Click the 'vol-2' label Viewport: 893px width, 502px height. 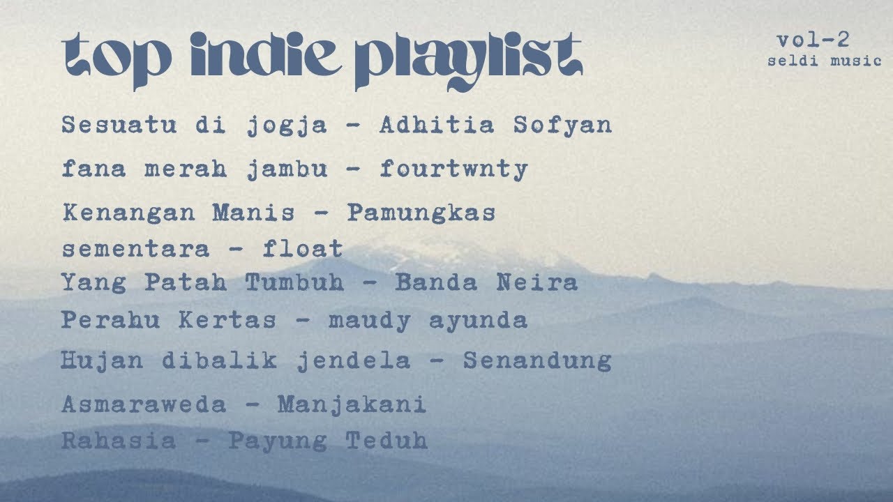click(813, 40)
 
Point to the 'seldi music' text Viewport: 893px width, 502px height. click(825, 61)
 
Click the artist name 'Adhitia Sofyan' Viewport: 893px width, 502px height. click(495, 125)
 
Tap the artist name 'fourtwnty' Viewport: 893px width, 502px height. click(453, 169)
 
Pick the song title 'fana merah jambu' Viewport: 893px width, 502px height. click(195, 169)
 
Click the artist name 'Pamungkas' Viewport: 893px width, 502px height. click(421, 212)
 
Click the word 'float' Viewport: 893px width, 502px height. click(303, 248)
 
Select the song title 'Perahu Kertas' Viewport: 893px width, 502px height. click(168, 320)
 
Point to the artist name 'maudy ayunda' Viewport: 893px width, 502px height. click(428, 320)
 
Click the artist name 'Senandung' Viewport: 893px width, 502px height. click(537, 360)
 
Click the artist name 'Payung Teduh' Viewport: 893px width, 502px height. click(328, 441)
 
